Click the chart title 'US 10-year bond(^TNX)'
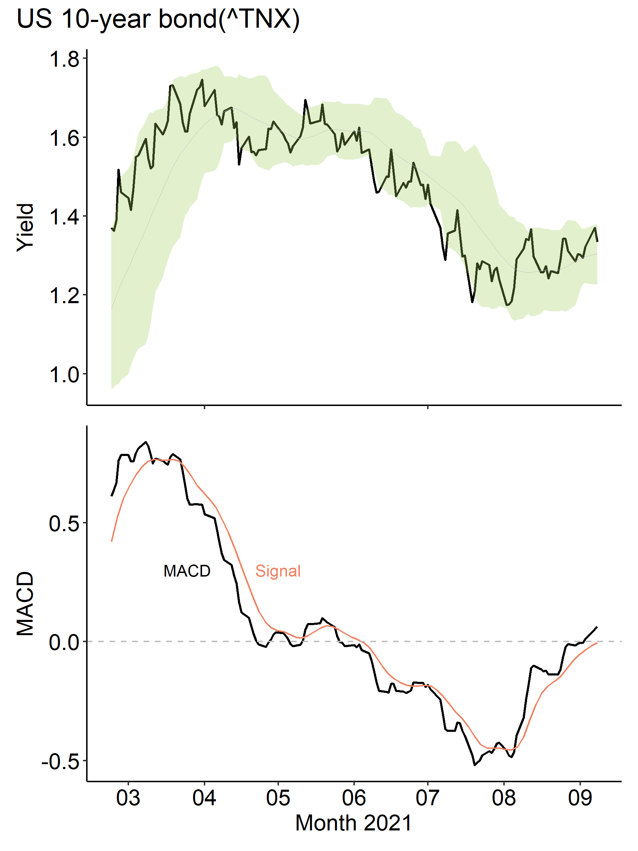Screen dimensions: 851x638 158,19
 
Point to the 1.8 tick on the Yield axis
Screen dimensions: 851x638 64,59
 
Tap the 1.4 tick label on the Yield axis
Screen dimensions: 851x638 64,217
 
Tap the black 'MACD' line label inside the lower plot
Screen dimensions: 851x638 187,571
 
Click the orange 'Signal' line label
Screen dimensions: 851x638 278,571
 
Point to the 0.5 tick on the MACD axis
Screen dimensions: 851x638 64,524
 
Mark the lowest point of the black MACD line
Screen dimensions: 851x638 475,765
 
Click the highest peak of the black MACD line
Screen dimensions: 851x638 145,442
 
